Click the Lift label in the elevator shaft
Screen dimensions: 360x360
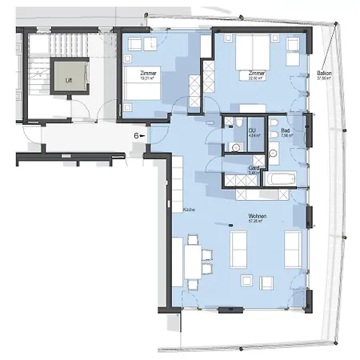pos(68,79)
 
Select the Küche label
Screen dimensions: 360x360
pos(189,210)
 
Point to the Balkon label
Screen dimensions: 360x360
pos(324,74)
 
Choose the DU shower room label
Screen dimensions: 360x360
pos(251,132)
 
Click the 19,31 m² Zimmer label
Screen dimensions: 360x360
pos(149,76)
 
